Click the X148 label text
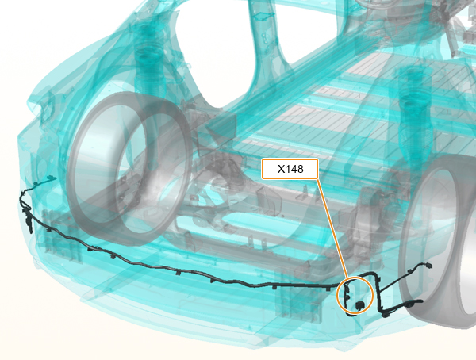coord(290,169)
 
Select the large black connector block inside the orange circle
coord(360,304)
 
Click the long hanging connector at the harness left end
coord(29,224)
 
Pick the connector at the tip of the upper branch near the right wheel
coord(428,266)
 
